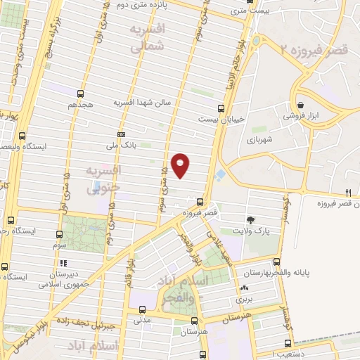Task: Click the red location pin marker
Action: [x=181, y=165]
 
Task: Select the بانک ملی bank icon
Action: [x=122, y=134]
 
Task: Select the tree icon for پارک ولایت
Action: [x=251, y=220]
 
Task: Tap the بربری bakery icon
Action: [x=244, y=288]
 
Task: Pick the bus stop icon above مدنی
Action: [x=143, y=309]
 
